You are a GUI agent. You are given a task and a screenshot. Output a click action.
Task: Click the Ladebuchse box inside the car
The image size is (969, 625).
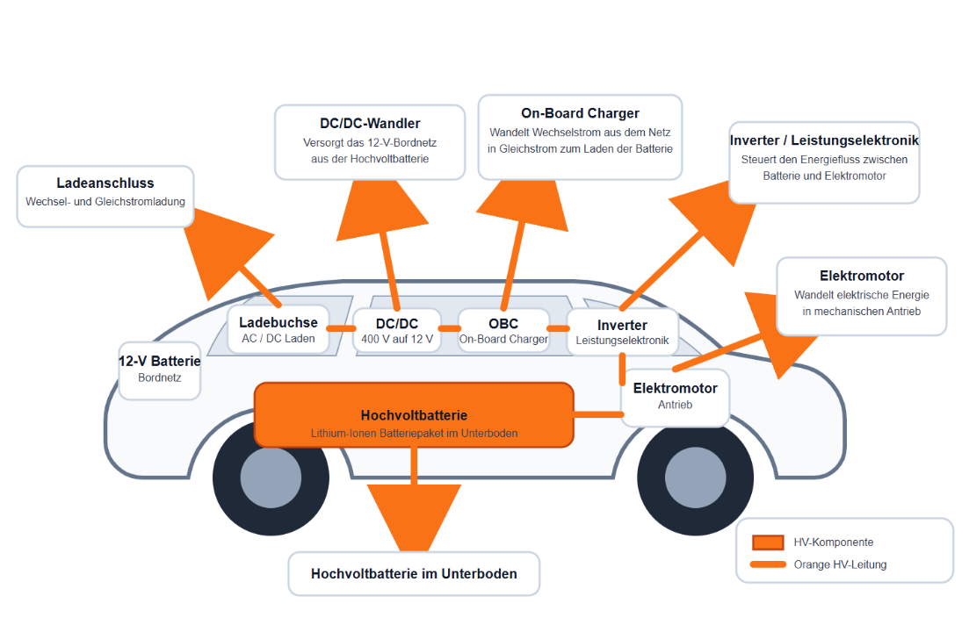coord(278,329)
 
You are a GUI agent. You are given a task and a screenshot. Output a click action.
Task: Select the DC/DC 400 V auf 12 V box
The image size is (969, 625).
coord(397,331)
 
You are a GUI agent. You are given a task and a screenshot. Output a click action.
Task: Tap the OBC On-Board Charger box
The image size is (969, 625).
coord(503,331)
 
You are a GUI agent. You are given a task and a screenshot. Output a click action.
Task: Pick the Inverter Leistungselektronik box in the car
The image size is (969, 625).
coord(622,332)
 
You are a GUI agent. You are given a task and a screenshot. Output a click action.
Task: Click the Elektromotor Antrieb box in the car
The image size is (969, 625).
coord(675,396)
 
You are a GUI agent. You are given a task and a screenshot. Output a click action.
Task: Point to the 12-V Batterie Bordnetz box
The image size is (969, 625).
coord(159,369)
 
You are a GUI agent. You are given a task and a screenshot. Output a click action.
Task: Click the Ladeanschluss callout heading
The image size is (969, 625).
coord(105,183)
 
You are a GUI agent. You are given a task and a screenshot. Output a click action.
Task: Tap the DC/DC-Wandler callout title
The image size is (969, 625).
coord(370,124)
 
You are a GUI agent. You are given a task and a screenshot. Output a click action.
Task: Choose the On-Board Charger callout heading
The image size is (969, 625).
coord(580,113)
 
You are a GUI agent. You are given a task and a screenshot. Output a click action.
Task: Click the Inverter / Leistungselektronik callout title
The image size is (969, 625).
coord(824,140)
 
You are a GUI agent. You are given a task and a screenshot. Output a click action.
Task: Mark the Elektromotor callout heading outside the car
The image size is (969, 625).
coord(861,276)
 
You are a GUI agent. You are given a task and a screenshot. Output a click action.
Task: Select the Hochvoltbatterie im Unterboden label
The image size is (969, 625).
coord(414,574)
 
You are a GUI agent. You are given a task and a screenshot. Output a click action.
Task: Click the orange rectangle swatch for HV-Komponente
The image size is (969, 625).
coord(767,542)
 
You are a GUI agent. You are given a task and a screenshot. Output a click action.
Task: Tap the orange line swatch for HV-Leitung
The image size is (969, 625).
coord(767,564)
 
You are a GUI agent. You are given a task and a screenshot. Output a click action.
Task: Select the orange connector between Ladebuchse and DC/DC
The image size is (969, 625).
coord(341,329)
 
